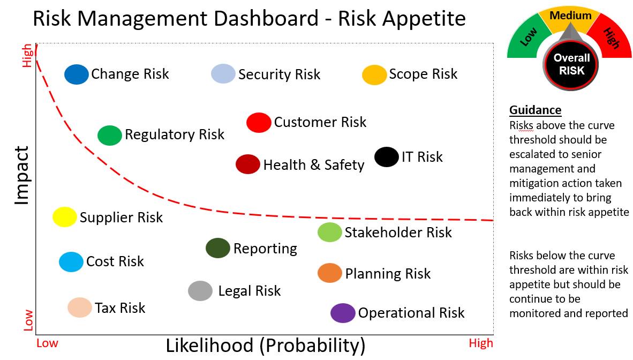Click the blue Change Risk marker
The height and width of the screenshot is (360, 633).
(x=77, y=74)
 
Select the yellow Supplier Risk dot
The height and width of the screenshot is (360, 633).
(x=65, y=217)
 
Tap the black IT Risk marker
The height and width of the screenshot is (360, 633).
(x=386, y=157)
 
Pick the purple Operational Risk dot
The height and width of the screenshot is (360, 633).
(x=343, y=313)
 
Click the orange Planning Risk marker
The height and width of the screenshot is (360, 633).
(x=330, y=273)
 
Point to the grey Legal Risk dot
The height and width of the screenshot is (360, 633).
(x=201, y=291)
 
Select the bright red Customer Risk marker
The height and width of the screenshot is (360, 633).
(x=259, y=123)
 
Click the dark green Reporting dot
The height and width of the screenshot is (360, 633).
(x=218, y=248)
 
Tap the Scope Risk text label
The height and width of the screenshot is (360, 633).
(x=423, y=74)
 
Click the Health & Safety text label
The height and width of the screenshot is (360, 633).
(x=313, y=165)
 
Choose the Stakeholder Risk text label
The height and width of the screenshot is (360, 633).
(x=398, y=232)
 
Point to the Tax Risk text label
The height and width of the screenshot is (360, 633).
(x=120, y=308)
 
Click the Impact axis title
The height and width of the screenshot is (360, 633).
(x=22, y=175)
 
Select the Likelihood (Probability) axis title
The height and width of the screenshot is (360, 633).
(x=265, y=346)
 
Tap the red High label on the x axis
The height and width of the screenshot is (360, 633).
(x=480, y=343)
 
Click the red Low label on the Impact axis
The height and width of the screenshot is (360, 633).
(x=28, y=320)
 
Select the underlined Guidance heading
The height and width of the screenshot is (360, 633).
(x=535, y=110)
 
